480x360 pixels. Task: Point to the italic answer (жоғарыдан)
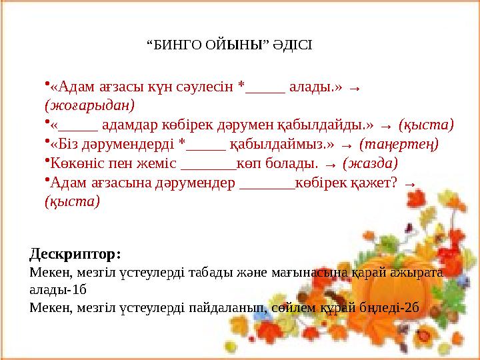click(89, 105)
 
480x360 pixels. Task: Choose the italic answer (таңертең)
click(399, 143)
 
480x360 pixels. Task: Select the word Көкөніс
click(74, 162)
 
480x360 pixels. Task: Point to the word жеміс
click(159, 162)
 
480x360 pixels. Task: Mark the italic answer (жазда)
click(370, 162)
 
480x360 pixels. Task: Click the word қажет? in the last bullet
click(375, 181)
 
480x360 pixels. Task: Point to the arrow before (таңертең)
click(346, 144)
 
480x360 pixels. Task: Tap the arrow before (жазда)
click(330, 163)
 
